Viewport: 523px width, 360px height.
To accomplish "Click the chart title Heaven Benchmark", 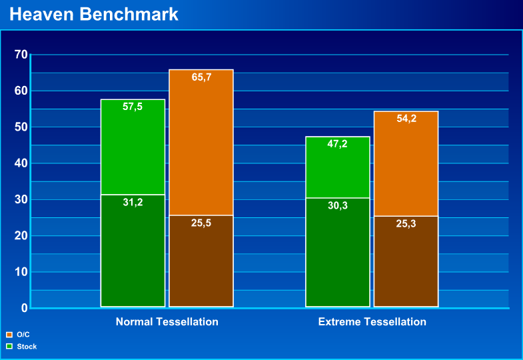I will (x=94, y=14).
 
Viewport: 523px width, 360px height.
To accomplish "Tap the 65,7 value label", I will (x=201, y=77).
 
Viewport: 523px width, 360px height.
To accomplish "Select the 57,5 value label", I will (x=133, y=107).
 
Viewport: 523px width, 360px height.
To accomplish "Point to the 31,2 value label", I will (x=133, y=202).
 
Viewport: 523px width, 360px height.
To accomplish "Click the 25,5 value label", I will (x=201, y=223).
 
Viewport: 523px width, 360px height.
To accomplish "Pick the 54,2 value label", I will (x=406, y=119).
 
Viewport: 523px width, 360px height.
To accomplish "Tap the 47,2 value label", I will (x=338, y=144).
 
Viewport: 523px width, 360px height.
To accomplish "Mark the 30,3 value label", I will (x=338, y=205).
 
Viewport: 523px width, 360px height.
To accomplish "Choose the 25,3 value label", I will (x=406, y=223).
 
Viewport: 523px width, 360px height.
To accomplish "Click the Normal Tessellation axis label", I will (x=167, y=322).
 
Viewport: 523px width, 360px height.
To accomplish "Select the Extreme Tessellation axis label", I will (x=372, y=322).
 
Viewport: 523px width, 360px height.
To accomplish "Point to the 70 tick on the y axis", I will (x=21, y=55).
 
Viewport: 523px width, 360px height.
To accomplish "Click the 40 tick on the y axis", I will (x=21, y=163).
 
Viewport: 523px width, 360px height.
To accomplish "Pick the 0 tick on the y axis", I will (x=24, y=308).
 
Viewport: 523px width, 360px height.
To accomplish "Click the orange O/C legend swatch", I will (x=9, y=335).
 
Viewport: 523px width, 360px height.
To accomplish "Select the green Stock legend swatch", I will (x=9, y=347).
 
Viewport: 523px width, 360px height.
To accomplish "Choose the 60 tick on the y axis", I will (x=21, y=91).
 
